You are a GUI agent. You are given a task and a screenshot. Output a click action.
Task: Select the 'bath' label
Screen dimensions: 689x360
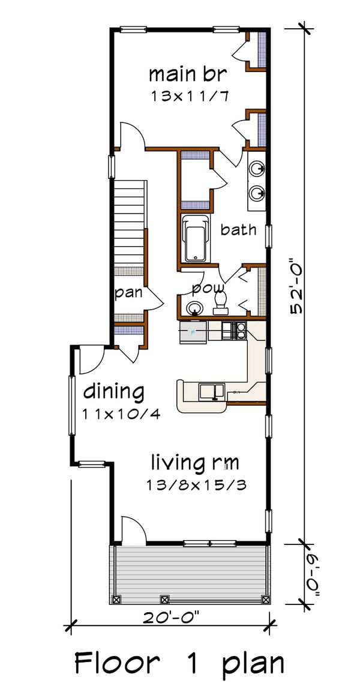pyautogui.click(x=238, y=229)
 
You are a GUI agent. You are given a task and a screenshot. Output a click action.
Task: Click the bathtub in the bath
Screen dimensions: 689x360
pyautogui.click(x=196, y=238)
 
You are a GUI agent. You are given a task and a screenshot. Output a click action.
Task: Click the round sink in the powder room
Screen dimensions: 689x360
pyautogui.click(x=193, y=308)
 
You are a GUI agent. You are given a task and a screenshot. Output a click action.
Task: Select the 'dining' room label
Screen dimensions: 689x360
pyautogui.click(x=113, y=392)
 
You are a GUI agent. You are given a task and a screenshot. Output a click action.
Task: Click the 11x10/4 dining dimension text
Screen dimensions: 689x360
pyautogui.click(x=121, y=414)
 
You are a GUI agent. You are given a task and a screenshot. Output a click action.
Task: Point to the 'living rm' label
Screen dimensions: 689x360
pyautogui.click(x=195, y=463)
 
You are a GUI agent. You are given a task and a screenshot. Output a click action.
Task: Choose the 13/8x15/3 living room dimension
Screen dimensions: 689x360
pyautogui.click(x=196, y=484)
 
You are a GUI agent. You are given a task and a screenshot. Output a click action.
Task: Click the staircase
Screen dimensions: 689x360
pyautogui.click(x=130, y=225)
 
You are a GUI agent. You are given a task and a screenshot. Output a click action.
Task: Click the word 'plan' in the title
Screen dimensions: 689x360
pyautogui.click(x=253, y=664)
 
